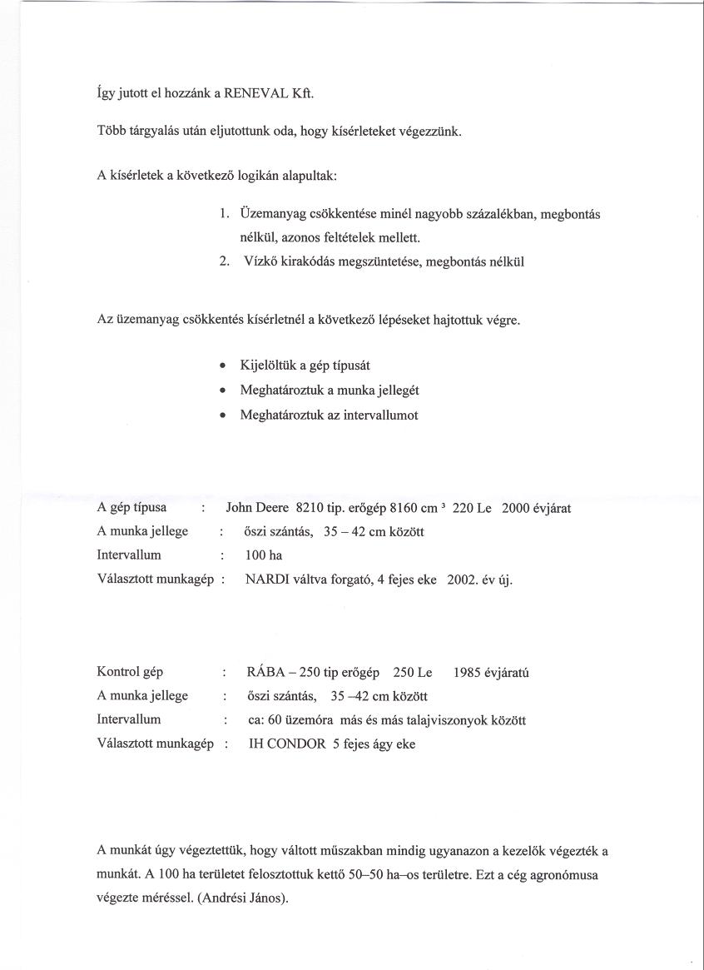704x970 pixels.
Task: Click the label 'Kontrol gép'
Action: [x=131, y=672]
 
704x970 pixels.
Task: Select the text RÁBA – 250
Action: [x=283, y=672]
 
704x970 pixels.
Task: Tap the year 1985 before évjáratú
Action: [x=469, y=672]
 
